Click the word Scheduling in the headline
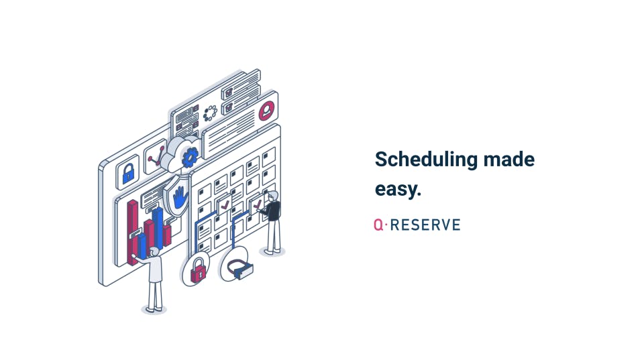[x=426, y=160]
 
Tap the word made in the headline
[x=509, y=160]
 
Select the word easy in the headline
[x=395, y=190]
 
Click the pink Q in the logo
[x=378, y=225]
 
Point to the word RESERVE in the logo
[x=425, y=225]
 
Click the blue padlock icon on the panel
[x=129, y=174]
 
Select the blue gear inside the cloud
[x=190, y=158]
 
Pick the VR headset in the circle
[x=240, y=268]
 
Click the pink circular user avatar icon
[x=267, y=111]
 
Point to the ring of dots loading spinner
[x=210, y=113]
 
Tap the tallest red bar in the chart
[x=133, y=232]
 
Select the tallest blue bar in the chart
[x=158, y=228]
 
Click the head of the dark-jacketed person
[x=273, y=196]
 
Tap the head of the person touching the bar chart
[x=154, y=252]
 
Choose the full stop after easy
[x=419, y=194]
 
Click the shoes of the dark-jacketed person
[x=273, y=251]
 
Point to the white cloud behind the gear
[x=180, y=154]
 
